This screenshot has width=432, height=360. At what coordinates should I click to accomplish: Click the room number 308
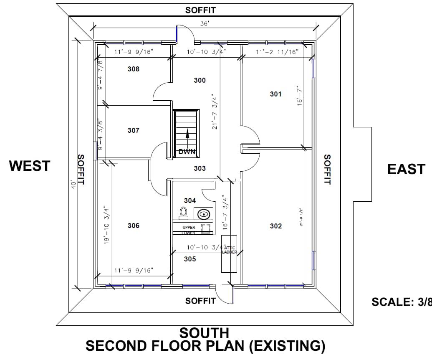click(134, 69)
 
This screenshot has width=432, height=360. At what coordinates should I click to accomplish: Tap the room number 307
click(134, 131)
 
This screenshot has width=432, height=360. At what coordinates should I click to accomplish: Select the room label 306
click(134, 226)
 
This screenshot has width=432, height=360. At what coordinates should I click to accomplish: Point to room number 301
click(275, 94)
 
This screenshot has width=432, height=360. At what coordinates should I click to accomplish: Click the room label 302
click(276, 226)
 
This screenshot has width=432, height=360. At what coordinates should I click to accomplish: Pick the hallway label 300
click(200, 80)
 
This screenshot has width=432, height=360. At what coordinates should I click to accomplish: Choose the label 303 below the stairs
click(200, 168)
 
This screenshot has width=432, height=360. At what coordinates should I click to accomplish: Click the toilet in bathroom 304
click(183, 213)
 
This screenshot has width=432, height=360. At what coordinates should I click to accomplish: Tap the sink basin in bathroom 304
click(203, 215)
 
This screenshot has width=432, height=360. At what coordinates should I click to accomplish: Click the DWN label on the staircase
click(187, 152)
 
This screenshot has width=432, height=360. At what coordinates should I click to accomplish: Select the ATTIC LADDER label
click(229, 250)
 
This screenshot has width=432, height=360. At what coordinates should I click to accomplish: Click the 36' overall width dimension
click(204, 24)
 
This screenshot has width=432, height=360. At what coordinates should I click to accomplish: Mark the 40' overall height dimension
click(73, 184)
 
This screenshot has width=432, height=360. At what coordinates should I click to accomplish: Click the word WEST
click(30, 166)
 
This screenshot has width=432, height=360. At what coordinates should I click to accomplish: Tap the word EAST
click(406, 169)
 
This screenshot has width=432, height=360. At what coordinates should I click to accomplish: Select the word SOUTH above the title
click(204, 333)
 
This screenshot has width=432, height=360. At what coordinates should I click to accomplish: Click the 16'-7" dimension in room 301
click(299, 96)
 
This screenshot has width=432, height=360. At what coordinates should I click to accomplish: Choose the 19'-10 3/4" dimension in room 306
click(106, 226)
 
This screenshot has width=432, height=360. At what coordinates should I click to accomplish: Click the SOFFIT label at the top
click(200, 10)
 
